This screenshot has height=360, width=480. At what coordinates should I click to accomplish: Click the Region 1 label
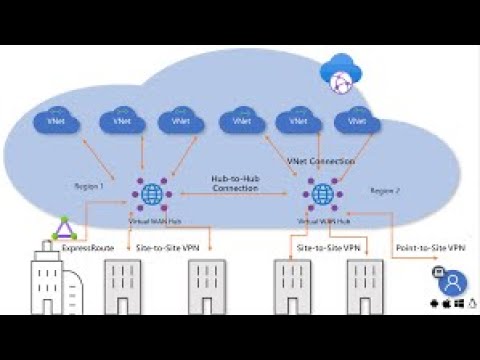pos(90,186)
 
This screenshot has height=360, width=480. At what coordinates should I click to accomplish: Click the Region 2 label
pos(385,190)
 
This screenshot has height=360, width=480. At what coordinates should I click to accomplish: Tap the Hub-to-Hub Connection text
pos(236,183)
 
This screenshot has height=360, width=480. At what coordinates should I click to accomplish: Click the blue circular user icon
pos(453,281)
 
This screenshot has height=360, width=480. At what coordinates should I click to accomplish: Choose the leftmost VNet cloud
pos(51,121)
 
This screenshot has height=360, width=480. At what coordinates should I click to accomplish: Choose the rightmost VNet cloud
pos(352,121)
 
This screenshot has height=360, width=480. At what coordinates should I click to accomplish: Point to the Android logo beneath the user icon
pos(433,303)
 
